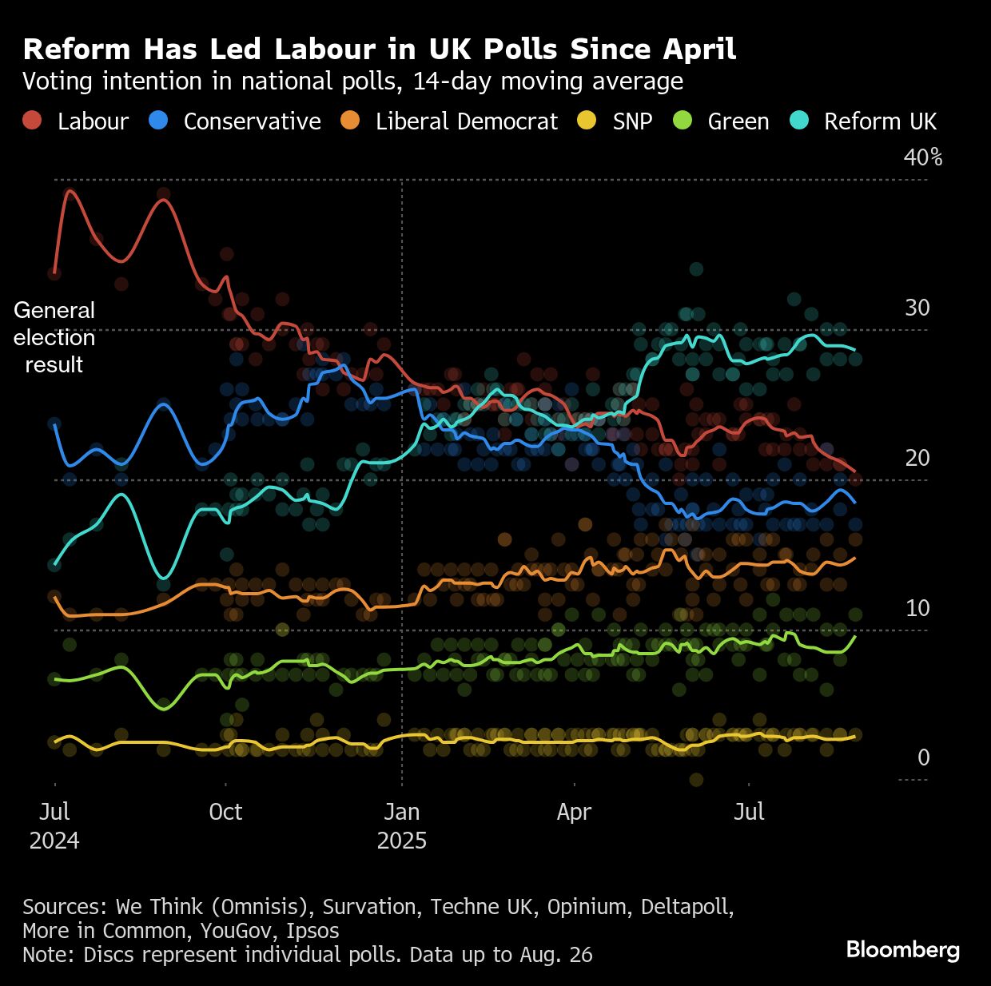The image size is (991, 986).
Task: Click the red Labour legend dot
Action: tap(31, 121)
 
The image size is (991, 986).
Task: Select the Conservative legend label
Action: tap(252, 121)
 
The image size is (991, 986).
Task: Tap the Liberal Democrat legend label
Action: tap(467, 121)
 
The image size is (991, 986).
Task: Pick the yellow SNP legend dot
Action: tap(586, 121)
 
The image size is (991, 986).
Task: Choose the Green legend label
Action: tap(738, 121)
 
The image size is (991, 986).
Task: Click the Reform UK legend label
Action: tap(880, 121)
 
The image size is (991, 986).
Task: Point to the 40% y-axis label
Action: tap(922, 157)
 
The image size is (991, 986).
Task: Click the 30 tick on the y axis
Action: tap(917, 308)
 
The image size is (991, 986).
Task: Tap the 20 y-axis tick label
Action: tap(917, 458)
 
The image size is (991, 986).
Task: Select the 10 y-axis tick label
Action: tap(917, 608)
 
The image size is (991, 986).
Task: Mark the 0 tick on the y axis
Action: tap(923, 757)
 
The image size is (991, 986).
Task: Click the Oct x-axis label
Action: tap(225, 812)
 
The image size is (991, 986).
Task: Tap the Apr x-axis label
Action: tap(574, 812)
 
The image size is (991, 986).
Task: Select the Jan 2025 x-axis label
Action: tap(401, 826)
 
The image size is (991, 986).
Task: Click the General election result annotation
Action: tap(54, 337)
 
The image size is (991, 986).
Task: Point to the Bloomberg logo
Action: tap(902, 949)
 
